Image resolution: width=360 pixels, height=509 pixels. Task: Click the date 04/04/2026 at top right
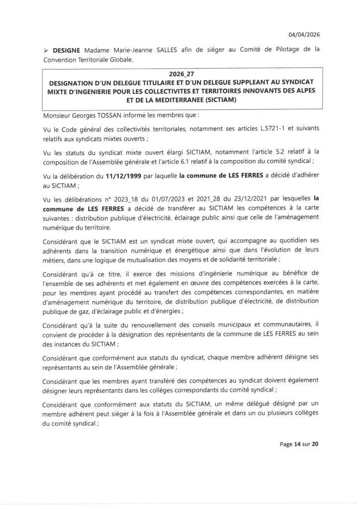tap(304, 34)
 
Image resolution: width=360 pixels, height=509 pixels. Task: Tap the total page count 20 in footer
tap(315, 444)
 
